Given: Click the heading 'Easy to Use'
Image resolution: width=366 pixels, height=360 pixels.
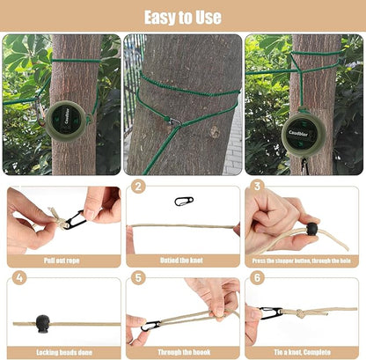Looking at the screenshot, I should tap(183, 16).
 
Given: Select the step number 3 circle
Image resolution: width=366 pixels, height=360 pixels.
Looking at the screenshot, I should tap(257, 187).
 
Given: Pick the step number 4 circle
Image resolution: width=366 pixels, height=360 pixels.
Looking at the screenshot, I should tap(19, 278).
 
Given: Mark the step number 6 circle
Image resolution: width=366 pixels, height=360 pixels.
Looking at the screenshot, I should tap(257, 278).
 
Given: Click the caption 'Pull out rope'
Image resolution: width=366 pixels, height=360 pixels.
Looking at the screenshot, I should tap(62, 261).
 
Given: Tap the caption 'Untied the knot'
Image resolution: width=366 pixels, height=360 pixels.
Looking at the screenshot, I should tap(182, 261).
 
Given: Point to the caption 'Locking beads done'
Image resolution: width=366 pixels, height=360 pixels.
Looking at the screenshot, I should tap(62, 351).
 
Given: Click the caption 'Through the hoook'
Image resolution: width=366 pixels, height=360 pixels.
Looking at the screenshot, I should tap(182, 351).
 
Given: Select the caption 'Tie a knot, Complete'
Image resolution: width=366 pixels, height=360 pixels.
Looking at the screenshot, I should tap(302, 351).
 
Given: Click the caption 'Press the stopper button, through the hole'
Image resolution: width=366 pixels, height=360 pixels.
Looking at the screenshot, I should tap(302, 261).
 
